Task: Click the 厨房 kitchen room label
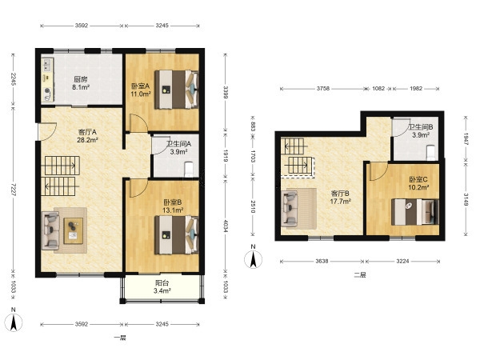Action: pos(81,79)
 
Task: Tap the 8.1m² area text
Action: pos(81,87)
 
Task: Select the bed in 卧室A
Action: pos(176,90)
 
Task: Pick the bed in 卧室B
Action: pos(176,234)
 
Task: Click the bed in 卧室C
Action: pos(415,212)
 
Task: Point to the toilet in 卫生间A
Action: pos(189,170)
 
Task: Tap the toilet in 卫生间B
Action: pos(430,153)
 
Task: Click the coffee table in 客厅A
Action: pos(73,231)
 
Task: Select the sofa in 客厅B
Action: pos(290,209)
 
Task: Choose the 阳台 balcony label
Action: pos(162,283)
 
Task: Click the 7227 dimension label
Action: pos(14,190)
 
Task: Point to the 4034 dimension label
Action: pos(226,226)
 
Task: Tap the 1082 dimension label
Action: pos(378,89)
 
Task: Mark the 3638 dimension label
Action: pos(322,261)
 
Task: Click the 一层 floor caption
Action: pos(120,338)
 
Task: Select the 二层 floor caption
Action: pos(360,275)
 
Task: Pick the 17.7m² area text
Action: pos(340,202)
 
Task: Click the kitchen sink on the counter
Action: pos(47,65)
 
